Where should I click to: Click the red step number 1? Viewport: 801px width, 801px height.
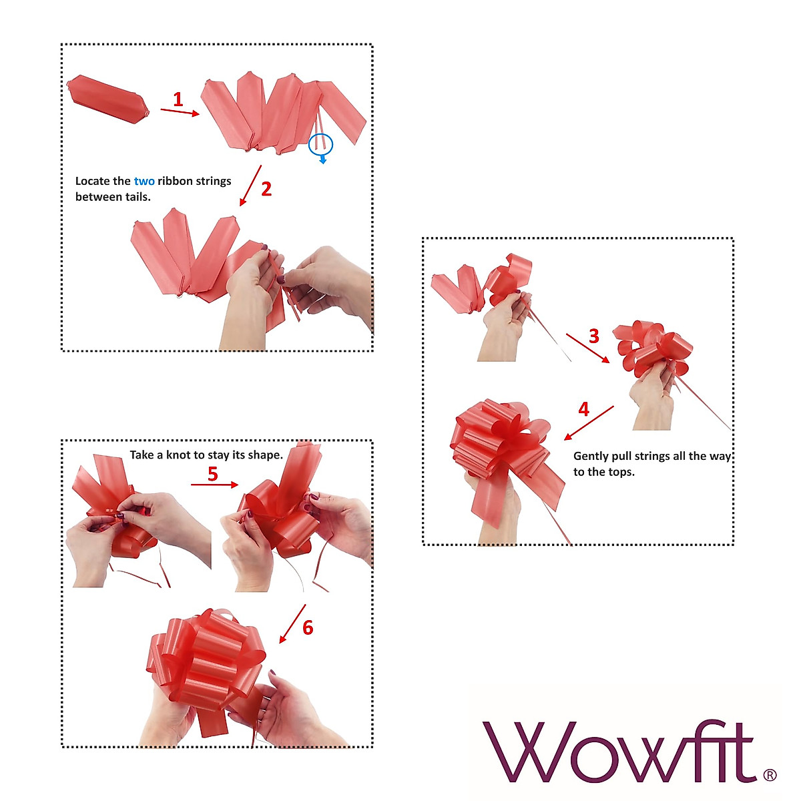178,100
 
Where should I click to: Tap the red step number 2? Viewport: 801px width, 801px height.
266,190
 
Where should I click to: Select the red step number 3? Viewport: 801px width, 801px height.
594,336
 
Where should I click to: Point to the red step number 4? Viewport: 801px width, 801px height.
584,409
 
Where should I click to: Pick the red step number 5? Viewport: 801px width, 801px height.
213,475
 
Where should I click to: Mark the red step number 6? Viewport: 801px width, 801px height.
308,628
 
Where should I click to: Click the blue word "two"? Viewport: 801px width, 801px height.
144,181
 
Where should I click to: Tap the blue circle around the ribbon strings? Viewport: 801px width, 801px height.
320,142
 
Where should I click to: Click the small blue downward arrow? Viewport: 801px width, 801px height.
323,160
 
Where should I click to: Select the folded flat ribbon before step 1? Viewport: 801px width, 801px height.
107,99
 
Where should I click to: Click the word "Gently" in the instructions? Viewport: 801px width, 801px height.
590,457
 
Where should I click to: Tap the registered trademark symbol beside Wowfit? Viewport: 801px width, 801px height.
769,775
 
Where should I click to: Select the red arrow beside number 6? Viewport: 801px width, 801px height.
292,623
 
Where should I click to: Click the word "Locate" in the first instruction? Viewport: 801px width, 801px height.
93,181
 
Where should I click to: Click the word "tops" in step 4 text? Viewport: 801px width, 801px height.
617,473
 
